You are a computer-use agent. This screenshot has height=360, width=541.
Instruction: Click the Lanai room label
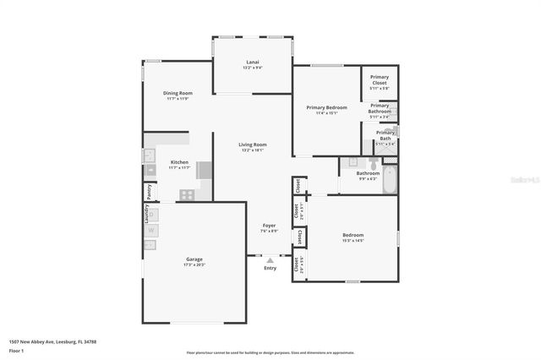(252, 62)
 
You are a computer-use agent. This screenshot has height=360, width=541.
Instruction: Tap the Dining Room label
(178, 93)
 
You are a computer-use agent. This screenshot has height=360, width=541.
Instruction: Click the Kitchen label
(179, 161)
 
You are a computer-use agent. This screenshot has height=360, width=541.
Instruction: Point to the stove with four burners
(186, 194)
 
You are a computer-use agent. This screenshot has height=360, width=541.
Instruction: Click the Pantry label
(148, 191)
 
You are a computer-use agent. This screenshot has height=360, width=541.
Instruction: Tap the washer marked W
(150, 230)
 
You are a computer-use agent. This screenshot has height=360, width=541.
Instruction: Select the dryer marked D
(150, 245)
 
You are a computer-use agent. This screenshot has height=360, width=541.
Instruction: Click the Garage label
(194, 259)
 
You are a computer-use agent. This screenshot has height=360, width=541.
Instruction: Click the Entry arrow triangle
(270, 260)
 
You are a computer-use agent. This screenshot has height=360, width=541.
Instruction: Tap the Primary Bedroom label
(326, 107)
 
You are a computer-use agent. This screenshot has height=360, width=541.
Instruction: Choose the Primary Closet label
(380, 80)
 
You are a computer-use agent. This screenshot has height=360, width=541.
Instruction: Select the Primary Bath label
(385, 135)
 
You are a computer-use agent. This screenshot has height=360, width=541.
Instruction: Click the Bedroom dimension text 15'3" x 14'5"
(352, 241)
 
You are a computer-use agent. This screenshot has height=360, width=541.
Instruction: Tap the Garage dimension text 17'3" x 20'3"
(194, 265)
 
